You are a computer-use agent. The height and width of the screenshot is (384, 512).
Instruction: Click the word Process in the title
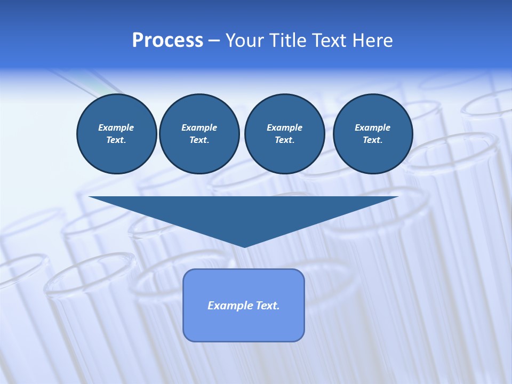[167, 41]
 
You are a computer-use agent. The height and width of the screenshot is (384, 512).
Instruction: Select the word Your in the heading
[244, 41]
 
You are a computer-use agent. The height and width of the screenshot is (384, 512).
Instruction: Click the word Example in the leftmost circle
[116, 127]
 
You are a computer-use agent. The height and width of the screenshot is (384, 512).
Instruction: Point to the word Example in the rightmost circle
[372, 127]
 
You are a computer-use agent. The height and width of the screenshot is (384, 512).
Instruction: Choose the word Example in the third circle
[284, 127]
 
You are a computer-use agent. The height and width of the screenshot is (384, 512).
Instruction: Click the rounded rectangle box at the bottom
[244, 325]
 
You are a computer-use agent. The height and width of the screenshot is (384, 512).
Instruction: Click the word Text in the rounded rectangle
[267, 306]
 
